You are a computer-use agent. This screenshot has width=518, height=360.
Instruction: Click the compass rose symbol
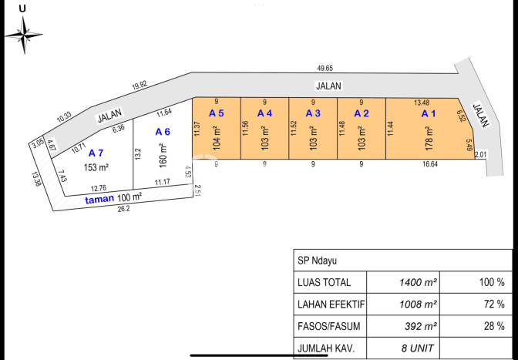[24, 35]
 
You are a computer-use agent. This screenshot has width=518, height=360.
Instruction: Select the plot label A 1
[429, 113]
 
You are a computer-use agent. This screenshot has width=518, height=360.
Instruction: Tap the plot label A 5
[217, 113]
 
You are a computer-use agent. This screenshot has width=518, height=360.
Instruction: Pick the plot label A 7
[96, 153]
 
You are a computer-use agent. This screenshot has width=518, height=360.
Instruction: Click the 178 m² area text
[429, 139]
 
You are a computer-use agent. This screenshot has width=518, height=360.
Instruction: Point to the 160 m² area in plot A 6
[163, 155]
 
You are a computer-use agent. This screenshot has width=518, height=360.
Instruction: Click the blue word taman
[99, 200]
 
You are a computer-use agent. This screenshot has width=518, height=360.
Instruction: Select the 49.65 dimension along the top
[325, 69]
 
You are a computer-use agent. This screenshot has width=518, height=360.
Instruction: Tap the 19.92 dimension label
[140, 86]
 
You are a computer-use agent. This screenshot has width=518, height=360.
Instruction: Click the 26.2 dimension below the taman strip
[123, 209]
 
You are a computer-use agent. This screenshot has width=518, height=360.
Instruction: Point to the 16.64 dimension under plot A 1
[430, 164]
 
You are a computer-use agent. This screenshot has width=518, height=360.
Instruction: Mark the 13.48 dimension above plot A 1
[422, 103]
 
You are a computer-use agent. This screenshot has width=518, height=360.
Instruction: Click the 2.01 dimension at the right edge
[481, 155]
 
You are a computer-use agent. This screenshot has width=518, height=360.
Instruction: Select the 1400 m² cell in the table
[418, 282]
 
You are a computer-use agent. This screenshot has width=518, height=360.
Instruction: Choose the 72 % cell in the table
[494, 304]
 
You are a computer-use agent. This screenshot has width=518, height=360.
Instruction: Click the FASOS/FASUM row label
[328, 326]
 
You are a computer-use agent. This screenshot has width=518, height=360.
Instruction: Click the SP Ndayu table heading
[317, 261]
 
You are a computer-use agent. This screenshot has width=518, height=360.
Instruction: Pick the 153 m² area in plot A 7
[96, 167]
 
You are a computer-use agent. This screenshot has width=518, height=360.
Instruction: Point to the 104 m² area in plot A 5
[217, 139]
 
